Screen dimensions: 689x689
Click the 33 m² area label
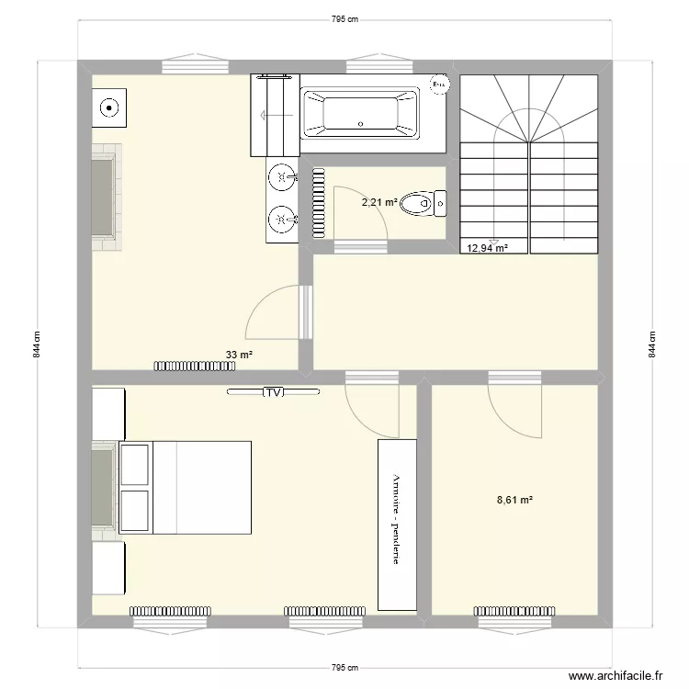click(x=239, y=353)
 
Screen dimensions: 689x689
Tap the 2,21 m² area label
click(x=378, y=202)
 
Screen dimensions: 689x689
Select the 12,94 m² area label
click(x=487, y=247)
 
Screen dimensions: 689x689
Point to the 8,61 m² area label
click(x=514, y=500)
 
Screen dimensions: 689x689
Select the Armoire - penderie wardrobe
click(x=396, y=524)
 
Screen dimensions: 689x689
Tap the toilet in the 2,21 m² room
click(x=425, y=202)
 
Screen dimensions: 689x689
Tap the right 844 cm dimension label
click(x=652, y=344)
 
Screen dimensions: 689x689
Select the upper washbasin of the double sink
click(x=282, y=175)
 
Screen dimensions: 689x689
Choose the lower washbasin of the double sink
click(x=282, y=219)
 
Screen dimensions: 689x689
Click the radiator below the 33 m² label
click(x=194, y=366)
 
